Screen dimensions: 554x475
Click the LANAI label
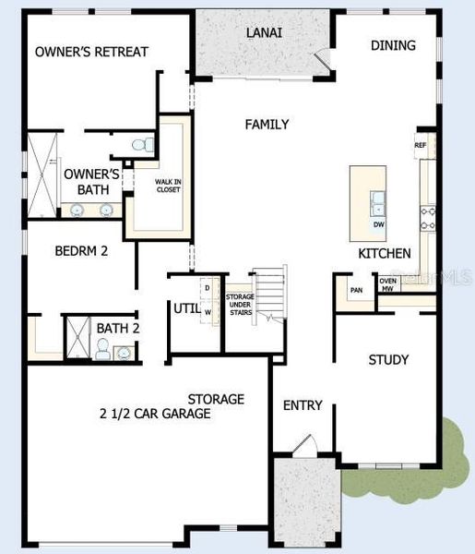[x=263, y=32]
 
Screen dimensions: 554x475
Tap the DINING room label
[x=393, y=45]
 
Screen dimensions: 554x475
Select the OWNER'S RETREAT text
[x=91, y=52]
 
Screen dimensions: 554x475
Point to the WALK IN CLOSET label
[x=168, y=186]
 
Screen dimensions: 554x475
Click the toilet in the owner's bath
[x=140, y=144]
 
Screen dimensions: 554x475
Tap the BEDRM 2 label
[x=81, y=249]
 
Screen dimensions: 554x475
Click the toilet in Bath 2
[x=103, y=348]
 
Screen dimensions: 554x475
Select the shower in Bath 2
[x=78, y=337]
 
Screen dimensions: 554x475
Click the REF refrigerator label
[x=421, y=145]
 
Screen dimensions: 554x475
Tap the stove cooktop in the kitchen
[x=428, y=217]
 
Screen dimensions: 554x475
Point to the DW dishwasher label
[x=379, y=224]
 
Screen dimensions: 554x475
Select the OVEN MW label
[x=388, y=284]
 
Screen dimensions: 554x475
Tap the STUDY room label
[x=388, y=359]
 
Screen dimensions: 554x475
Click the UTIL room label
[x=184, y=308]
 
